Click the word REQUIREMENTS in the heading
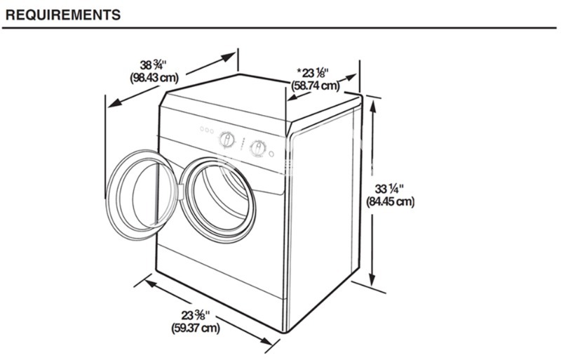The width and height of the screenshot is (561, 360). (63, 15)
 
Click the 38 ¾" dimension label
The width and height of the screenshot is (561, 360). (153, 65)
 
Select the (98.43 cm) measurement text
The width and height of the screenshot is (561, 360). (154, 77)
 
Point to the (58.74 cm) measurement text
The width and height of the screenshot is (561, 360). (315, 86)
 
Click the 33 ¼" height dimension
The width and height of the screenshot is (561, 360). (389, 189)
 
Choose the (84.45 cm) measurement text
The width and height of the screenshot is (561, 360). (390, 201)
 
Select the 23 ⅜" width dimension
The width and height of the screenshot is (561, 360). (195, 316)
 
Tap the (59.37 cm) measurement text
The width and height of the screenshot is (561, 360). (196, 328)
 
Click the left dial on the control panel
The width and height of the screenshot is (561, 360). (227, 140)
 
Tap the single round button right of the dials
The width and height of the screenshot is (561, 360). (271, 154)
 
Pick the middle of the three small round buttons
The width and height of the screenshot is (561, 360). (207, 130)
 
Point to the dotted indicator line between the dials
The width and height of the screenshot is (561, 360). (243, 144)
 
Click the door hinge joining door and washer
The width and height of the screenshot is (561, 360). (181, 192)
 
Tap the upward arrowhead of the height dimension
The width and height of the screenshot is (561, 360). (373, 107)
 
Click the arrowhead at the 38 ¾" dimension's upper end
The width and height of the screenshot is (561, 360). (229, 57)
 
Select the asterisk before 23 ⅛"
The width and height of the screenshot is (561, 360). (299, 70)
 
